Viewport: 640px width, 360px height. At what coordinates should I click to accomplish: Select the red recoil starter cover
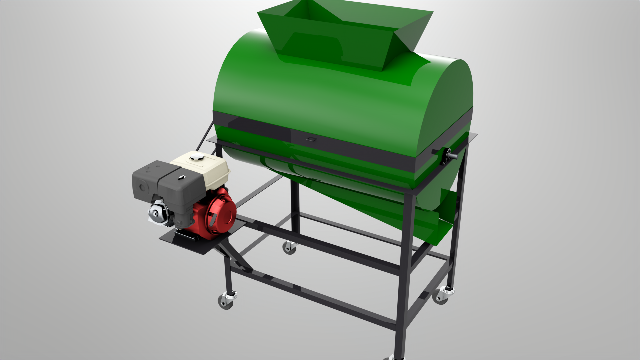point(220,213)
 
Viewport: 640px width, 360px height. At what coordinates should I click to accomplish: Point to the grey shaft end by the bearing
point(453,155)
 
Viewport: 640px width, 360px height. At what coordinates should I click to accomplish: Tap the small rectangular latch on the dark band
point(311,139)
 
